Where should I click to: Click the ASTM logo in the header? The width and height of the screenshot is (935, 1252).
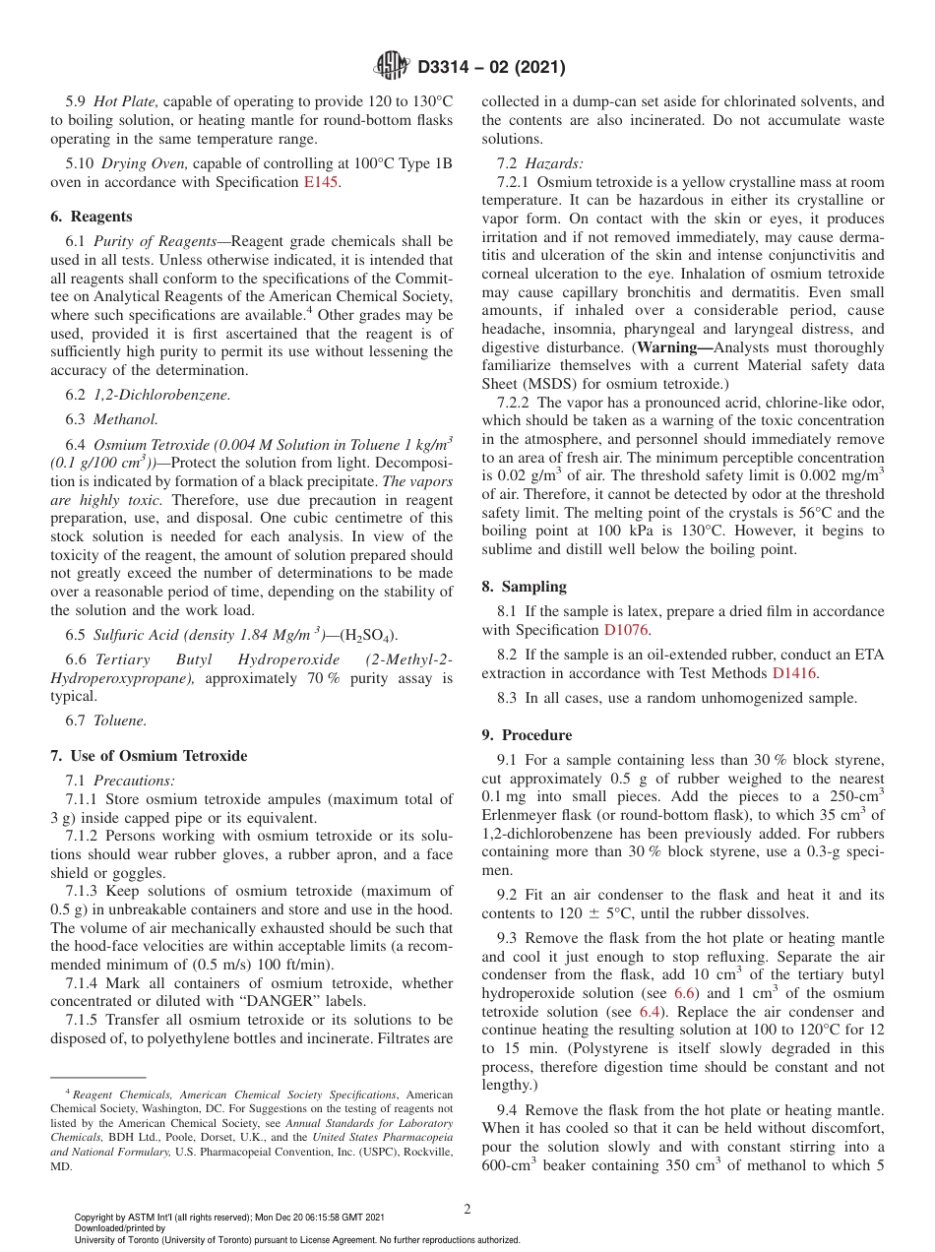point(392,67)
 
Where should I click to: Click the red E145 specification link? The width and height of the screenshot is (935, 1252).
point(321,182)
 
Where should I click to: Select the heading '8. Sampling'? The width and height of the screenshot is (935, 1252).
point(524,587)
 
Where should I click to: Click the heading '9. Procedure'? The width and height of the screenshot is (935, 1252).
point(527,735)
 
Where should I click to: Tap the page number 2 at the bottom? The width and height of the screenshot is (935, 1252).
point(467,1209)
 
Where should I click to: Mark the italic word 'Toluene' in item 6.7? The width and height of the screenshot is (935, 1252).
point(119,720)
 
